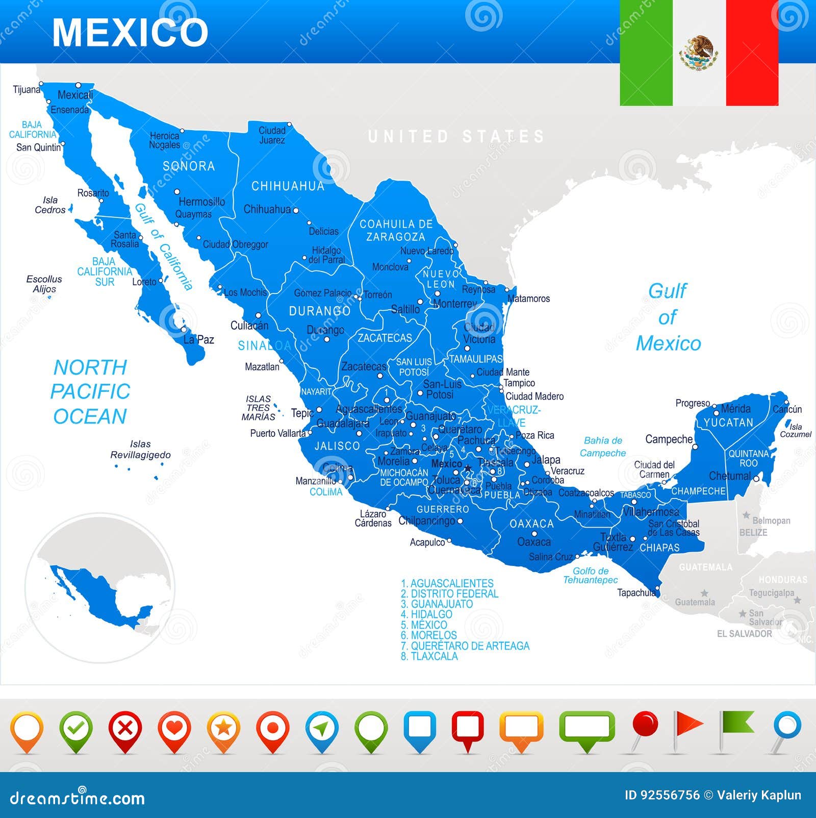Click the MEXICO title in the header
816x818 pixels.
pos(130,33)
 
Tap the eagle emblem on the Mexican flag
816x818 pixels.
pos(699,53)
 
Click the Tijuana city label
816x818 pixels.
pos(27,90)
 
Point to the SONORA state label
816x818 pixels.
pos(189,166)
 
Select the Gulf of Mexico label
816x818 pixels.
pos(668,317)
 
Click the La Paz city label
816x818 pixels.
pos(198,339)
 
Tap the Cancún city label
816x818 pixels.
pos(787,409)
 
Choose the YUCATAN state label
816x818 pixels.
pos(728,423)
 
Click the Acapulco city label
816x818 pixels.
pos(427,542)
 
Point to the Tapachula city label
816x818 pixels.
pos(636,592)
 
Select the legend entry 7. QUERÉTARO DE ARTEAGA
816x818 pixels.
pos(465,646)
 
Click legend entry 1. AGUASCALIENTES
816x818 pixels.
pos(447,583)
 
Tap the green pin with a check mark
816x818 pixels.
pos(76,729)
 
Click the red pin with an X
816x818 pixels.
pos(125,729)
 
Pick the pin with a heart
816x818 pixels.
pos(174,729)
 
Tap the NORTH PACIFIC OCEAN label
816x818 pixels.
pos(90,392)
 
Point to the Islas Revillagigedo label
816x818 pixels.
pos(140,450)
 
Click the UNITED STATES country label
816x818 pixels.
pos(456,137)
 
